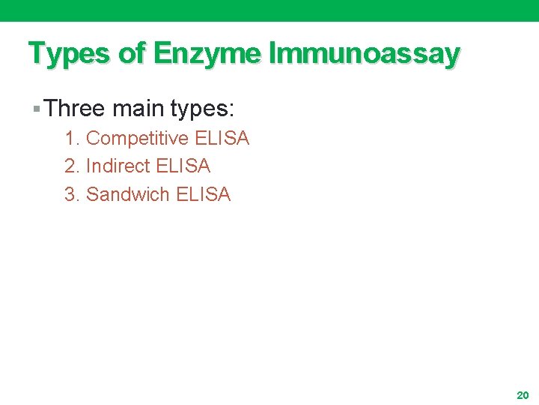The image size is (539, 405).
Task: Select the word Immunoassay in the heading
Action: (364, 54)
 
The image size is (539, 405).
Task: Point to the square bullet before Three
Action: (37, 110)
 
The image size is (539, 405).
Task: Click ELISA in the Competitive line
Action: (222, 139)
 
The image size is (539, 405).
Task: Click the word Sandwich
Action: (128, 194)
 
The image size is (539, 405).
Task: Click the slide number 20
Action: (523, 394)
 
